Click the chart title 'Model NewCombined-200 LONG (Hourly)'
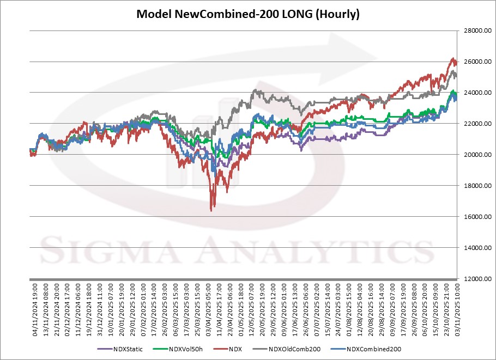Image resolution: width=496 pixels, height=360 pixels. tap(247, 14)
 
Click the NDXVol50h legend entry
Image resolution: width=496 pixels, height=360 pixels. tap(185, 349)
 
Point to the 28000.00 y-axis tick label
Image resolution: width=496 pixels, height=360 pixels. tap(474, 31)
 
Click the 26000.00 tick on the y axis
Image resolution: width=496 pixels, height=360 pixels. tap(474, 62)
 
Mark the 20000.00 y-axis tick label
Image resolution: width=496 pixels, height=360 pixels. tap(474, 155)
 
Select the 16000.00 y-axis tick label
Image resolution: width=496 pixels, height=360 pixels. tap(474, 217)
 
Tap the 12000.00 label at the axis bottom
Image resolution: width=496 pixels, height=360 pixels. tap(474, 279)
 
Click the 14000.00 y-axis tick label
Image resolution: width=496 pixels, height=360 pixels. tap(474, 248)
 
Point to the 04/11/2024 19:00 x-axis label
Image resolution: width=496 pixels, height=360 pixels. tap(34, 307)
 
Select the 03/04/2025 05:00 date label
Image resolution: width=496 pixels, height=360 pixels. tap(210, 307)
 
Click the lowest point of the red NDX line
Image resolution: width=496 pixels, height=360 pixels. tap(211, 210)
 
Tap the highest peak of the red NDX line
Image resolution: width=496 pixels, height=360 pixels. tap(453, 58)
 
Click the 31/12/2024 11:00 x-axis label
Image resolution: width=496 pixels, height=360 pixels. tap(100, 307)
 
